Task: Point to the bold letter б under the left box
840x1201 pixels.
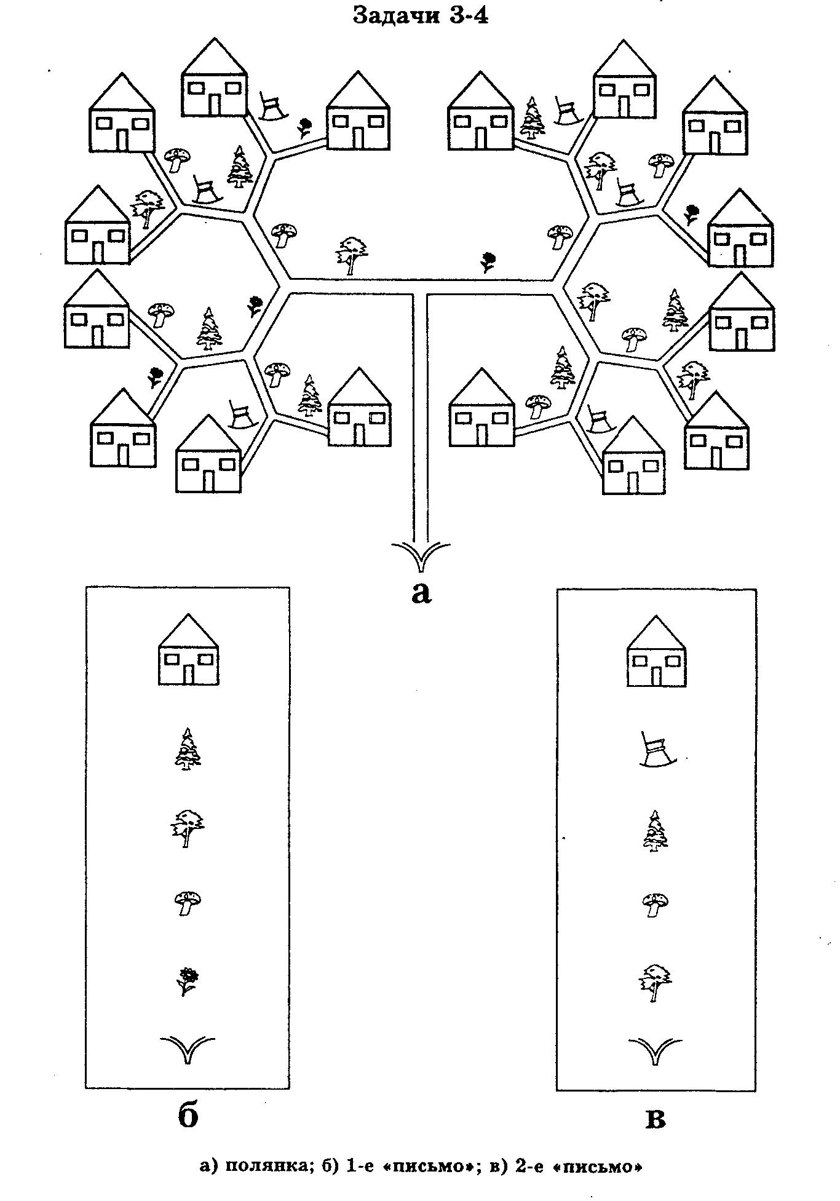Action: pos(188,1115)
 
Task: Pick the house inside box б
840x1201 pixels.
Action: pos(189,649)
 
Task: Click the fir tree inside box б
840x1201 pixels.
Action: pos(187,748)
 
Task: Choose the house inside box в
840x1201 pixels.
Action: pos(656,651)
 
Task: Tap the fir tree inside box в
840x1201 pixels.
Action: pos(656,831)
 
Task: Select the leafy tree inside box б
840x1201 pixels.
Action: pos(187,828)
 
